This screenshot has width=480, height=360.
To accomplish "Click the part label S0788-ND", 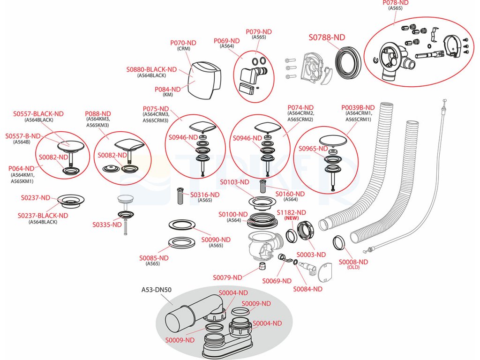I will point(327,37).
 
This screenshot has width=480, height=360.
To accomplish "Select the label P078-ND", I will point(396,2).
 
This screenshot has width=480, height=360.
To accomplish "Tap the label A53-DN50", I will point(157,290).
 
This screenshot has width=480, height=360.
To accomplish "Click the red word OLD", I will point(353,268).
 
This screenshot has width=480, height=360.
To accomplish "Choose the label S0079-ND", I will point(227,277).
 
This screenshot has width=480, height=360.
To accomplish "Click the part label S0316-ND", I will point(205,195).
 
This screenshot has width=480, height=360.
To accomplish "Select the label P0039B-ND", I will point(358,107).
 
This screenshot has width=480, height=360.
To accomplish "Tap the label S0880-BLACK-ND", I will point(151,69).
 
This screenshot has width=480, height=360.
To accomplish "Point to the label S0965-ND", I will point(313,149).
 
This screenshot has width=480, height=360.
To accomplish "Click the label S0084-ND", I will point(307,289).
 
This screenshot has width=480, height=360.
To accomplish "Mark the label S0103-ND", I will point(236,182).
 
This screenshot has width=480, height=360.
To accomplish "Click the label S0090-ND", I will point(216,240).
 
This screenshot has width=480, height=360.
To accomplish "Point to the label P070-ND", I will point(183,43).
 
